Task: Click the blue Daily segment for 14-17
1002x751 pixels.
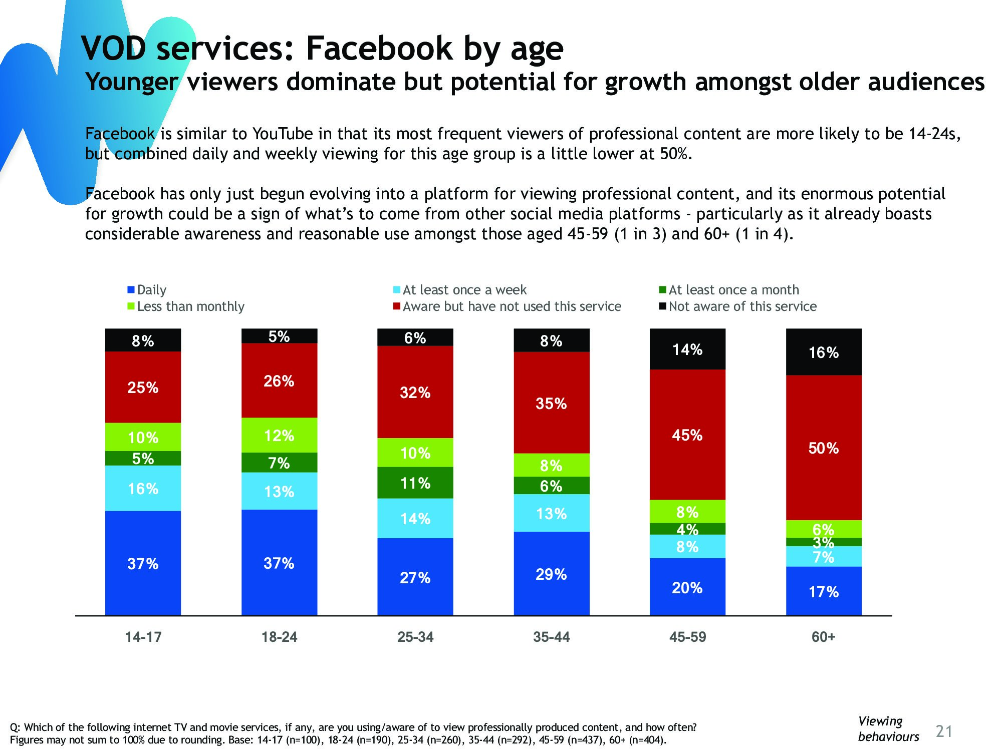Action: tap(143, 563)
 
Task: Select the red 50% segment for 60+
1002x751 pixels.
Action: tap(824, 448)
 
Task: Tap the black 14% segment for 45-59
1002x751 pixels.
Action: tap(687, 349)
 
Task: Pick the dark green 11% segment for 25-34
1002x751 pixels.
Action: tap(415, 483)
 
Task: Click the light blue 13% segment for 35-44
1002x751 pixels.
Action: tap(551, 513)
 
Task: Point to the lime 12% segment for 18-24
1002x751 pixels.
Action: tap(279, 435)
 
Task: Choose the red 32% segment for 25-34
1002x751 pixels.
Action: tap(415, 392)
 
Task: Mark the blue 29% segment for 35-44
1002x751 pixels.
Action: tap(551, 574)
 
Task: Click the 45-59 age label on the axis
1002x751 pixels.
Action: tap(687, 637)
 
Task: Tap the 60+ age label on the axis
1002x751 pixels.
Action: tap(824, 637)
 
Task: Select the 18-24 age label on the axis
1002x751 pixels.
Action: tap(279, 637)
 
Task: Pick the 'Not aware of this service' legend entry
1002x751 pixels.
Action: tap(742, 306)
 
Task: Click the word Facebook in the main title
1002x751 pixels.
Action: tap(380, 49)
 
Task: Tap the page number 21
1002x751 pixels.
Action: tap(944, 731)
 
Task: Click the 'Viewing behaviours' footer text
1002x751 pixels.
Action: tap(888, 729)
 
